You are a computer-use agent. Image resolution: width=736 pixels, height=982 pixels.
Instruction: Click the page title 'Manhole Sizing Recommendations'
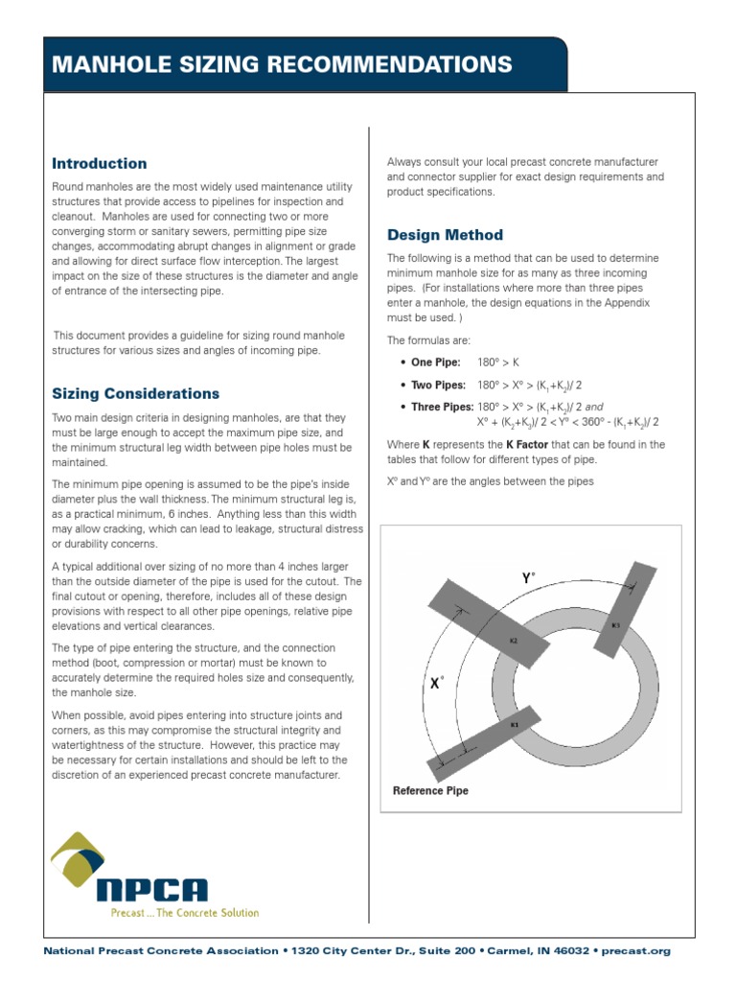pos(281,65)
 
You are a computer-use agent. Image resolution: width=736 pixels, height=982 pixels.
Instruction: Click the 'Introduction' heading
pos(99,163)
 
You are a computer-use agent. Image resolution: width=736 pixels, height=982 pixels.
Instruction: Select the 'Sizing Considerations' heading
pos(135,393)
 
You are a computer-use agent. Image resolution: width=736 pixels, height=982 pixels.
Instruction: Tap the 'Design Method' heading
pos(445,235)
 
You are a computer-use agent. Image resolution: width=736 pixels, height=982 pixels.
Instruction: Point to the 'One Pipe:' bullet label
pos(435,362)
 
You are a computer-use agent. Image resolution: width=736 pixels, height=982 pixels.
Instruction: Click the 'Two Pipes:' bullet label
pos(438,385)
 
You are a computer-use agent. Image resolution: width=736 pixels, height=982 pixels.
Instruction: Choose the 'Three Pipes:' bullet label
pos(442,407)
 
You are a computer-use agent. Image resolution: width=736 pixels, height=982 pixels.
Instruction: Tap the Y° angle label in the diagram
pos(528,578)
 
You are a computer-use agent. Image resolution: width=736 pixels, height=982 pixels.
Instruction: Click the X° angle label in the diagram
pos(435,684)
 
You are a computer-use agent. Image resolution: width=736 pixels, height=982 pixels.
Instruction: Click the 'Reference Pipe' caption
pos(430,791)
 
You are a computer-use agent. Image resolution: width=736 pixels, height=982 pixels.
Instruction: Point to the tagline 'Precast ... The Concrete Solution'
pos(183,913)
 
